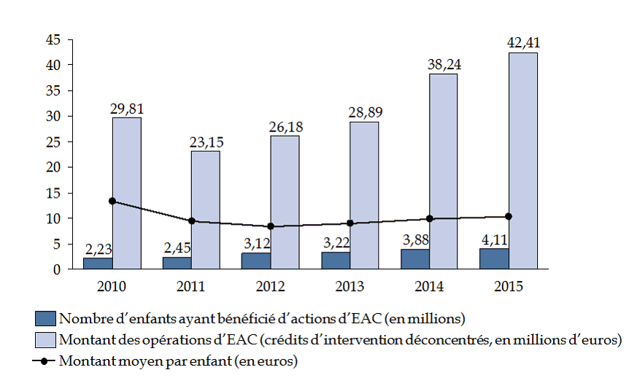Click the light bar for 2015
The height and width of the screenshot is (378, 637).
coord(522,161)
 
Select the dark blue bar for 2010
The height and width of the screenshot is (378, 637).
coord(98,263)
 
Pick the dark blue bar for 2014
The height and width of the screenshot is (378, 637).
coord(414,259)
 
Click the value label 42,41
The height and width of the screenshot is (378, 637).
coord(522,42)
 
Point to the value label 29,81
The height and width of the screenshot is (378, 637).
coord(126,108)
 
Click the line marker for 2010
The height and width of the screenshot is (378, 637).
coord(112,201)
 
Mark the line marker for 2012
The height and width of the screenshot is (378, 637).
coord(271,226)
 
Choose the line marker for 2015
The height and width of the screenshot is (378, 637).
coord(509,216)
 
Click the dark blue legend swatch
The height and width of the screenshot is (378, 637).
coord(45,319)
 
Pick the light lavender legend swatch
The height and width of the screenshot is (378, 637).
coord(45,339)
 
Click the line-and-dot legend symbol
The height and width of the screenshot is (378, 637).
coord(45,360)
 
